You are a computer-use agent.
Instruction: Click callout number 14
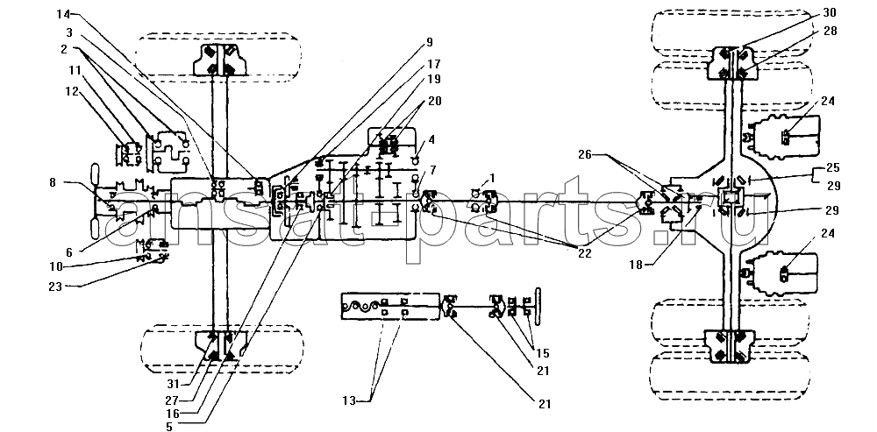[62, 12]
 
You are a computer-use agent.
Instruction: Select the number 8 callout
[53, 181]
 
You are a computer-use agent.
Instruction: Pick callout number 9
[429, 41]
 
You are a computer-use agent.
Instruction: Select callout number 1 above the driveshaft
[493, 178]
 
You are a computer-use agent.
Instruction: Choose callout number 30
[830, 12]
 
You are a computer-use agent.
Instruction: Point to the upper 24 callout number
[829, 101]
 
